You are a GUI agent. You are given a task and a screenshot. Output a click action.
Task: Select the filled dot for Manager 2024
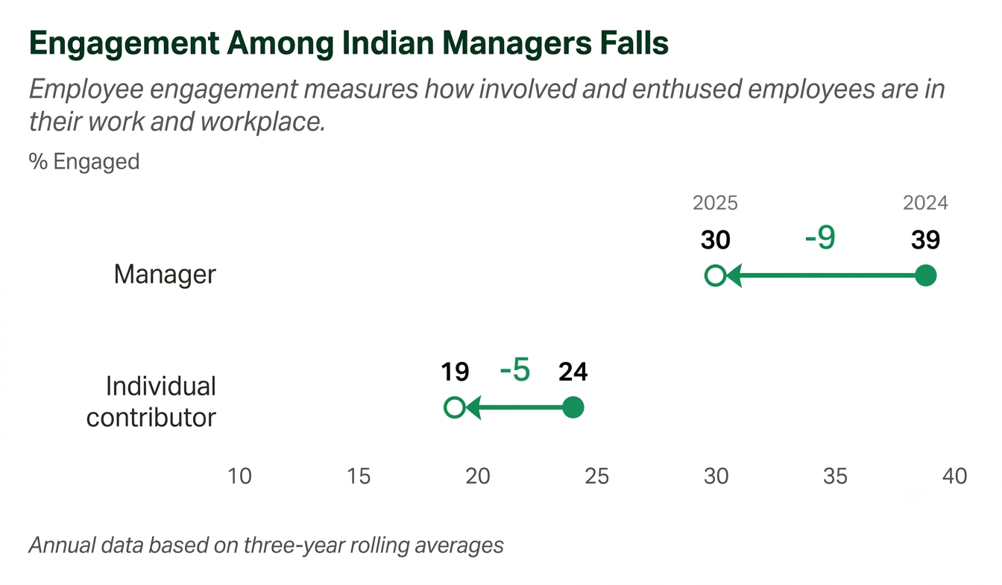point(925,275)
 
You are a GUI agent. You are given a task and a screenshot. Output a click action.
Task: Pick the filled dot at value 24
point(573,407)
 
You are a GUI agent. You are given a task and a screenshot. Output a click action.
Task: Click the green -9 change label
point(820,237)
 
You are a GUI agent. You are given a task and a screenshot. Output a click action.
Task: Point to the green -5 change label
point(515,369)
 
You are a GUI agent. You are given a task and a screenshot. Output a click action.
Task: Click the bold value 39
point(925,240)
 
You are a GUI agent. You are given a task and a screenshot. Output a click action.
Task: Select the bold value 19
point(455,372)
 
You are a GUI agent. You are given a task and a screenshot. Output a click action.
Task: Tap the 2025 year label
point(715,203)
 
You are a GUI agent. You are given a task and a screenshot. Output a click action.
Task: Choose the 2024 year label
point(925,203)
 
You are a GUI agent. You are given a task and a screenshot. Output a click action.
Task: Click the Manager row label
point(165,274)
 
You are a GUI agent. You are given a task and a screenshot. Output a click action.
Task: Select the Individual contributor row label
point(151,401)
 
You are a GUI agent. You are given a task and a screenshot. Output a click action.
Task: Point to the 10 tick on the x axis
point(239,476)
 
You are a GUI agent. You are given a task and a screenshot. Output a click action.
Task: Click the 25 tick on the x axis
point(596,476)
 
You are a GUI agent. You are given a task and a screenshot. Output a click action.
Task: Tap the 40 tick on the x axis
point(954,476)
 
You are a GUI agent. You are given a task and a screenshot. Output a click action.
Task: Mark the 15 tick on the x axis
point(359,476)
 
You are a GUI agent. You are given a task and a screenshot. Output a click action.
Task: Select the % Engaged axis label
point(84,162)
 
